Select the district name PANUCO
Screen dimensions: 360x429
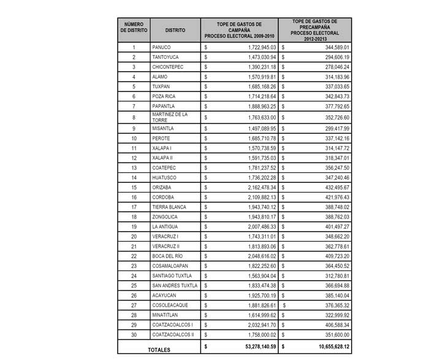(162, 47)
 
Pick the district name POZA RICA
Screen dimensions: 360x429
(165, 96)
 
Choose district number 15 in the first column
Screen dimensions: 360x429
(134, 187)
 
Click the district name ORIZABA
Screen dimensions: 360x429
(163, 187)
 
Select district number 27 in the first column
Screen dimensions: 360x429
(134, 307)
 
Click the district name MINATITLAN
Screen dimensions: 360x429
(167, 316)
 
